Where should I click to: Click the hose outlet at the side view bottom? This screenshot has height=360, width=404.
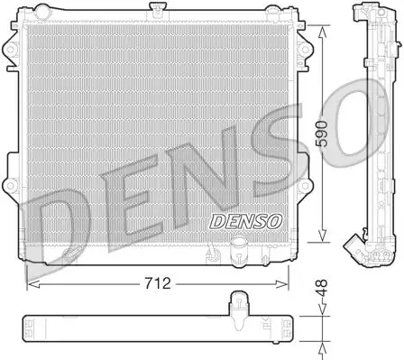(350, 245)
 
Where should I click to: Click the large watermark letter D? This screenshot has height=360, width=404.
(54, 226)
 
